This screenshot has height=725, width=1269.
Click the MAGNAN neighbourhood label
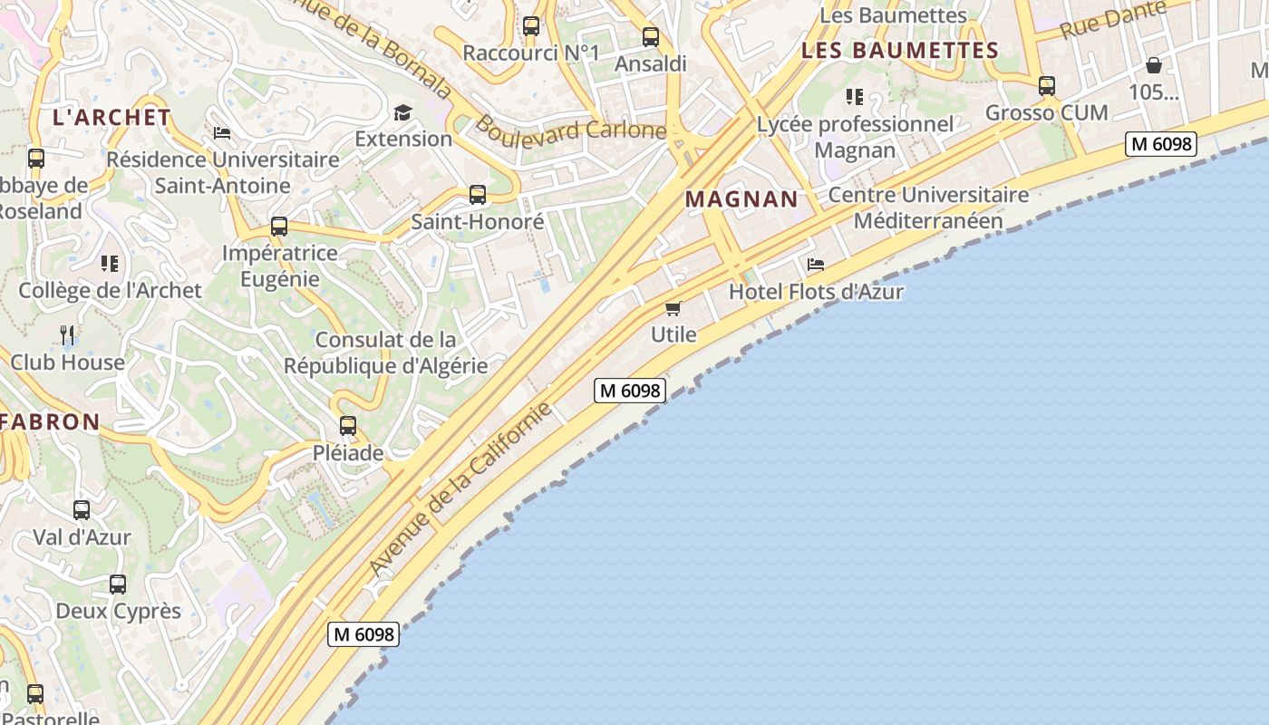(x=741, y=199)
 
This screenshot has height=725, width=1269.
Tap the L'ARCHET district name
(x=111, y=117)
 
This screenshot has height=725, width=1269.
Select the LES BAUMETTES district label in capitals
(x=899, y=51)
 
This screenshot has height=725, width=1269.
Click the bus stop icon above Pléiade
(x=348, y=425)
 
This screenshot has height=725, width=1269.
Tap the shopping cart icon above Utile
(x=673, y=309)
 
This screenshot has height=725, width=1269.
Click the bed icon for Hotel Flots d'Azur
(x=816, y=265)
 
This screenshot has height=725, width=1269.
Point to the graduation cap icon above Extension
(x=402, y=112)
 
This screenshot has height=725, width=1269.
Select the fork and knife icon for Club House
(x=67, y=335)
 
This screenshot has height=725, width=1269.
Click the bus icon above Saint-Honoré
(x=478, y=194)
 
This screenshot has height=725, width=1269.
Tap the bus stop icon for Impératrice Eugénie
(x=279, y=227)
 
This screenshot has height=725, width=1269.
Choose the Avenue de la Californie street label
(x=460, y=488)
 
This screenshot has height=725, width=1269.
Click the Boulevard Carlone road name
(x=571, y=128)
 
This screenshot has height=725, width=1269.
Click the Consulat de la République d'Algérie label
(x=385, y=353)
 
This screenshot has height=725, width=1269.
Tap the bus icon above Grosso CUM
(x=1047, y=86)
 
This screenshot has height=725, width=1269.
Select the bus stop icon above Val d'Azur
(x=82, y=510)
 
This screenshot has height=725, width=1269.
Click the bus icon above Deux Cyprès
(x=118, y=585)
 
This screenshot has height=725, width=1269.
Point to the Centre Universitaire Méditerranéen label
(x=928, y=208)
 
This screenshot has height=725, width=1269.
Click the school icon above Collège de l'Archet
(x=110, y=264)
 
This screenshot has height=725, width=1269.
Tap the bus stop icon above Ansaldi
(x=651, y=37)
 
